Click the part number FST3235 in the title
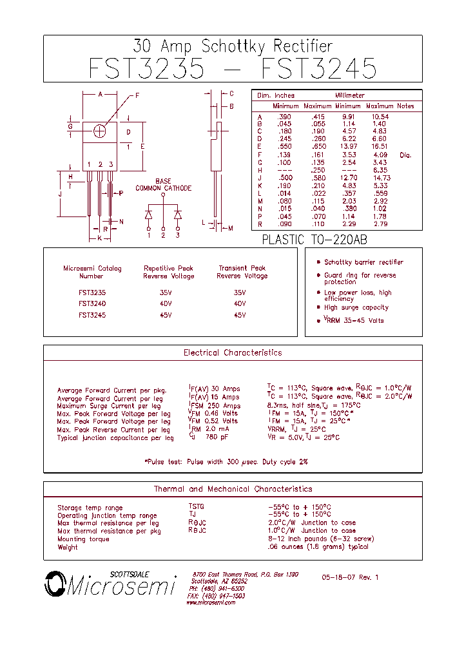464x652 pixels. click(x=148, y=68)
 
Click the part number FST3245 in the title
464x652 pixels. click(x=321, y=68)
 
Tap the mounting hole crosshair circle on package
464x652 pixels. click(x=100, y=131)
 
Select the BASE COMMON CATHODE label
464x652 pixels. click(x=163, y=185)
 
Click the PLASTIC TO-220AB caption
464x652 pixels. click(x=314, y=240)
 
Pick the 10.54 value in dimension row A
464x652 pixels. click(x=380, y=117)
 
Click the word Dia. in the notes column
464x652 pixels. click(x=405, y=155)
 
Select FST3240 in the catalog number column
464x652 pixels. click(x=92, y=303)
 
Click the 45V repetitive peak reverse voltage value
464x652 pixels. click(x=166, y=315)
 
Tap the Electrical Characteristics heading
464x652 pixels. click(x=233, y=353)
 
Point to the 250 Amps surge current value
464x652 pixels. click(x=215, y=406)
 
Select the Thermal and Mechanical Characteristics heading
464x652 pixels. click(x=233, y=490)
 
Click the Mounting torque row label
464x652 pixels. click(x=83, y=539)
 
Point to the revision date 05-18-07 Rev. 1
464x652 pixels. click(x=350, y=577)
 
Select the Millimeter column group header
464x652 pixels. click(x=349, y=95)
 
